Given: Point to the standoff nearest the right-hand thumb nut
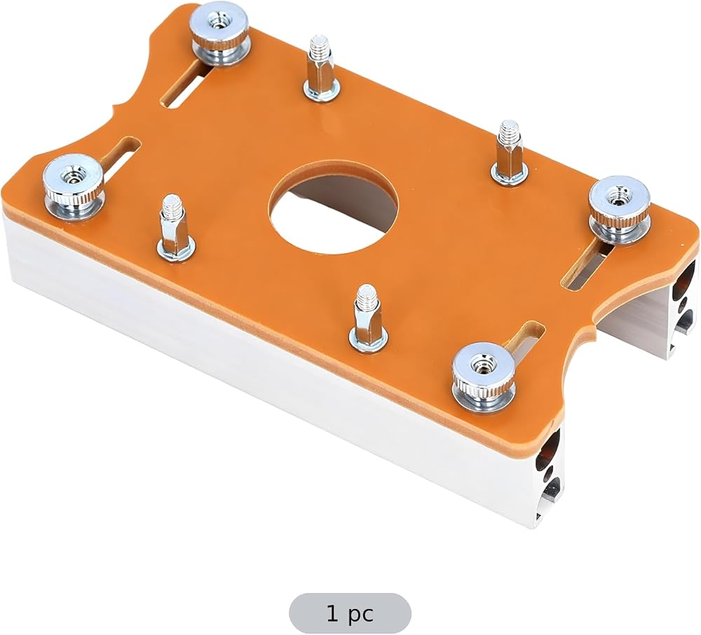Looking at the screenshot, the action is (x=509, y=153).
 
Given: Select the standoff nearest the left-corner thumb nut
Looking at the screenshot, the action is (x=175, y=229).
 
